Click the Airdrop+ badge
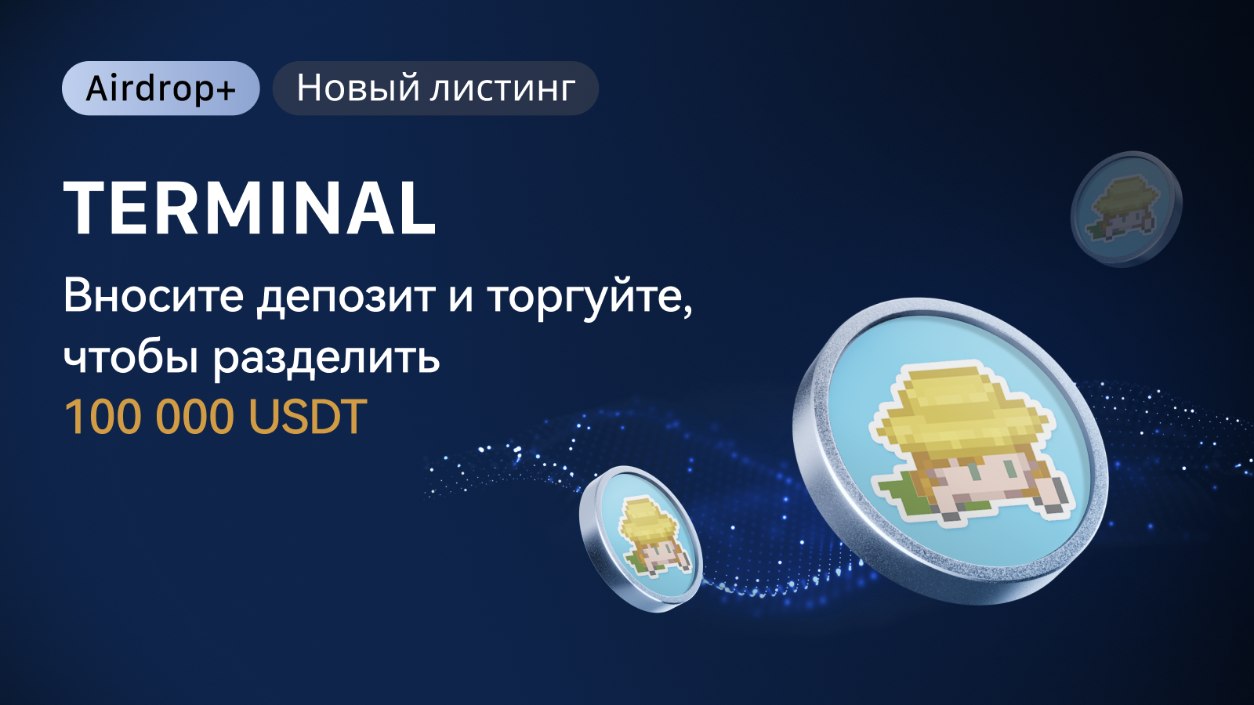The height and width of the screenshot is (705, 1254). click(x=161, y=89)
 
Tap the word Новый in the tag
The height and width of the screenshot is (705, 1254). click(x=358, y=89)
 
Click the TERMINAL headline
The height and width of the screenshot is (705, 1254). click(x=250, y=208)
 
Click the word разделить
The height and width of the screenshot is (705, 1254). click(x=326, y=360)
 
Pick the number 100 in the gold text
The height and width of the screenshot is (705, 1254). click(x=101, y=417)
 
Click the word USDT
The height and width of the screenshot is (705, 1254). click(x=307, y=417)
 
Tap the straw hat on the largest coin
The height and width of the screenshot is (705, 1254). click(x=962, y=411)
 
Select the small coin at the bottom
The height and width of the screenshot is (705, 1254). click(x=642, y=538)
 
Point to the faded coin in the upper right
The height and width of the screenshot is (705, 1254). click(x=1126, y=208)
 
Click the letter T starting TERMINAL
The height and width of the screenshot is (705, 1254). click(x=86, y=208)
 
